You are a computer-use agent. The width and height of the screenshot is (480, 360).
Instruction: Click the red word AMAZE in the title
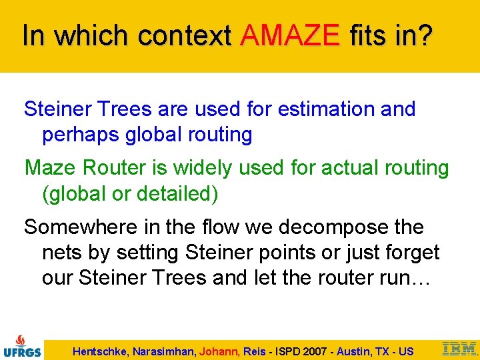[291, 35]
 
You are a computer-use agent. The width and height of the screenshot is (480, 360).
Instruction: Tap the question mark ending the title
[423, 35]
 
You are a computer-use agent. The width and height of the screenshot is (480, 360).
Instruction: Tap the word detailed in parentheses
[175, 194]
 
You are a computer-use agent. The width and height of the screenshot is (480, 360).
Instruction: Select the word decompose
[333, 227]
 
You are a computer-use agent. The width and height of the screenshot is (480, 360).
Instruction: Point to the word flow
[217, 227]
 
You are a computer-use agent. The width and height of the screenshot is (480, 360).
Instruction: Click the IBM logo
[460, 347]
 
